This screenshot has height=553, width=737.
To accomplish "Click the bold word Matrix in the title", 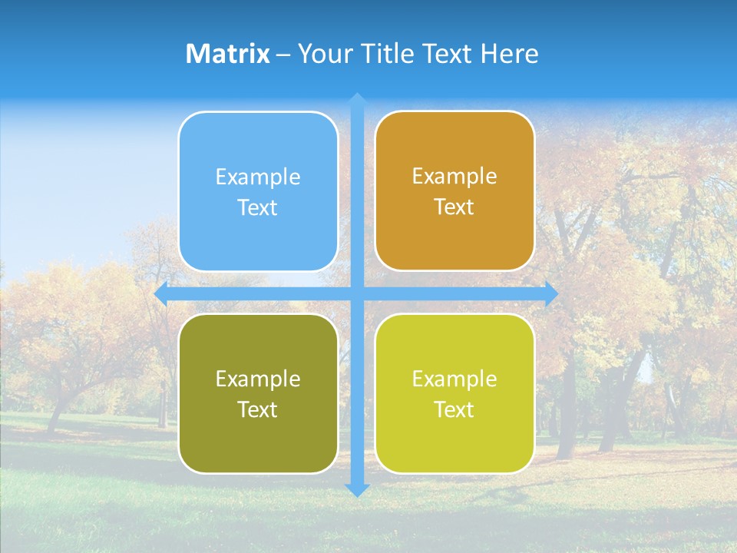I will coord(228,54).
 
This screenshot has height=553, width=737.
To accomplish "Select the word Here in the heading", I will coord(509,54).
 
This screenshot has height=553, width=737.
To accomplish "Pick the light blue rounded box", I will coord(258,238).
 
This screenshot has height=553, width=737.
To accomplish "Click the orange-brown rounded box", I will coord(454,238).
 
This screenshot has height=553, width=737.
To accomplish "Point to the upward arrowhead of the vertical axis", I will coord(356,100).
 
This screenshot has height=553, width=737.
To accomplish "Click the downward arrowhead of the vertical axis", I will coord(356,489).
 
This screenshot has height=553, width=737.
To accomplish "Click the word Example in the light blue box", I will coord(258,177).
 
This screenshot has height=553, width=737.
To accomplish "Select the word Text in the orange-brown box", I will coord(454,207).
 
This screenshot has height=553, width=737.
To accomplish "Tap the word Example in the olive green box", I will coord(258,379).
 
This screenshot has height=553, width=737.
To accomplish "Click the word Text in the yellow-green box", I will coord(454,410).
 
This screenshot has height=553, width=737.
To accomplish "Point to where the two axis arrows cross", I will coord(356,294).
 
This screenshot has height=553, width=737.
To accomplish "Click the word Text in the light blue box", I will coord(258,208).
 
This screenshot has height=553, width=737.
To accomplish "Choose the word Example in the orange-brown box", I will coord(454,177).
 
